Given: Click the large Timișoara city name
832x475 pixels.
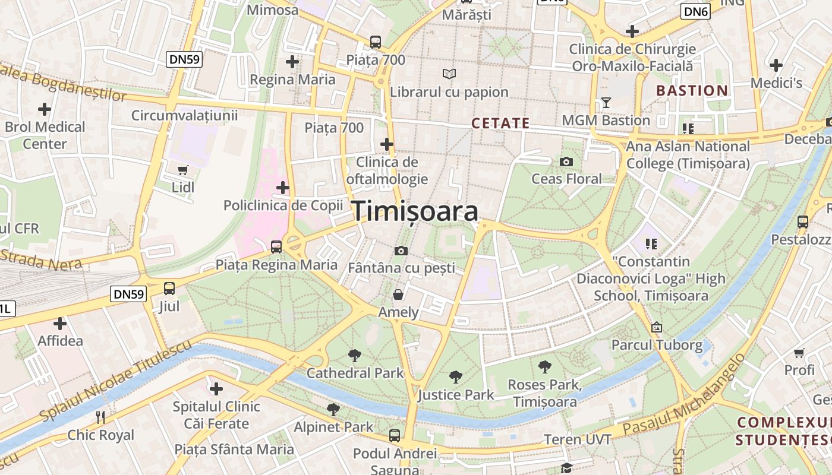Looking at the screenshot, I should (415, 212).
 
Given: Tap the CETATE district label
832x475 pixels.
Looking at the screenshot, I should (500, 123).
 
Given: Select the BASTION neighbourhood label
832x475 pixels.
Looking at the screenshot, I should (691, 91).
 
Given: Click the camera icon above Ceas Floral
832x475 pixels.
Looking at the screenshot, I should (566, 161).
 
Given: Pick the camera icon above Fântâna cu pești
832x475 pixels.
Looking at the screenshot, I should (401, 251).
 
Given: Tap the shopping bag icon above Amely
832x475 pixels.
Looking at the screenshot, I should (398, 294).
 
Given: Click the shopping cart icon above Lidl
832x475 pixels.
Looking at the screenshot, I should (183, 170).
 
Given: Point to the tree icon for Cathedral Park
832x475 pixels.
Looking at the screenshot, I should (355, 356).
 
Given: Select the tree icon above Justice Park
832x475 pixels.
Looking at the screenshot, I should (456, 376).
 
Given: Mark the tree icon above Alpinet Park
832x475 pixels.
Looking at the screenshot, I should (333, 409).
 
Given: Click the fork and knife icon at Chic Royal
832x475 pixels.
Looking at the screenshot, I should (100, 417).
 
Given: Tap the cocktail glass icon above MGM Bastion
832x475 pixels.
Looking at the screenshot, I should (606, 103).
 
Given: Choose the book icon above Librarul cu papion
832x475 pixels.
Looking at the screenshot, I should (449, 74).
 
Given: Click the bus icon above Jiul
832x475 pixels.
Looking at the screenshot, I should (169, 289).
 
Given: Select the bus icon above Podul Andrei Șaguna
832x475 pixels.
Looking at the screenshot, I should (395, 436).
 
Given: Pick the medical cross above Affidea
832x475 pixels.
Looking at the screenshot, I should (59, 324).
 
